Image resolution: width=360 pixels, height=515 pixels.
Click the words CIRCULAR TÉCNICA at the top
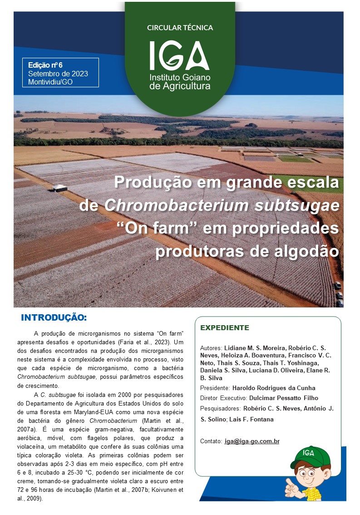pyautogui.click(x=180, y=28)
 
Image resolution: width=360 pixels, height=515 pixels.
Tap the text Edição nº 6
pyautogui.click(x=45, y=65)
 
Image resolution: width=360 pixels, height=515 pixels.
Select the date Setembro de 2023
pyautogui.click(x=58, y=74)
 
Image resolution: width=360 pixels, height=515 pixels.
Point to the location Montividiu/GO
pyautogui.click(x=50, y=82)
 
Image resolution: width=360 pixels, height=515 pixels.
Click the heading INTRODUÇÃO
pyautogui.click(x=54, y=317)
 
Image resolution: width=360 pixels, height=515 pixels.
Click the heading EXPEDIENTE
pyautogui.click(x=225, y=327)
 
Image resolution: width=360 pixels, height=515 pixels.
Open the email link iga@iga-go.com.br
pyautogui.click(x=252, y=441)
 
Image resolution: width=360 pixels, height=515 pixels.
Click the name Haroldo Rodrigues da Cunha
pyautogui.click(x=274, y=388)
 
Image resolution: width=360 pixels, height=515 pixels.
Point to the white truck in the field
pyautogui.click(x=60, y=188)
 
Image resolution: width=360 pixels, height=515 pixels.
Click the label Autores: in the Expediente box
pyautogui.click(x=211, y=348)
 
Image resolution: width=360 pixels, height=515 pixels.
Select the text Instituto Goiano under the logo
pyautogui.click(x=180, y=77)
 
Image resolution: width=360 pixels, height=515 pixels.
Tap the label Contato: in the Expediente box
pyautogui.click(x=211, y=441)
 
